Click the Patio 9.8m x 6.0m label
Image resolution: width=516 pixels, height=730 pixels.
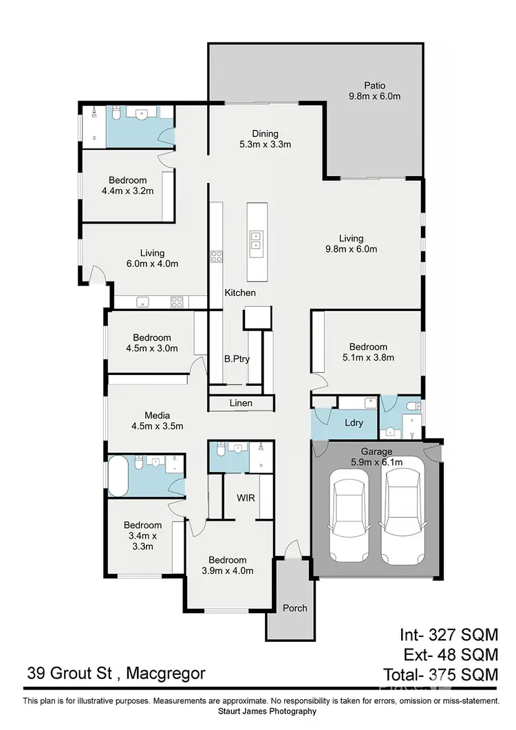point(374,91)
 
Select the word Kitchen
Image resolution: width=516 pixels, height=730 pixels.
point(240,293)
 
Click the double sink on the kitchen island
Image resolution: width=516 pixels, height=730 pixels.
point(255,239)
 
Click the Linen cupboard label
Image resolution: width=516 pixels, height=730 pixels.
point(241,403)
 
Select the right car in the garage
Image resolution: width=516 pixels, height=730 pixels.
point(402,511)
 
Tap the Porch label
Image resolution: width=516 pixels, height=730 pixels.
point(294,608)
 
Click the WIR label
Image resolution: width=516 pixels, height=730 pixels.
point(246,496)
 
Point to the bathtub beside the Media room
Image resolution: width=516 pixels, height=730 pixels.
point(117,475)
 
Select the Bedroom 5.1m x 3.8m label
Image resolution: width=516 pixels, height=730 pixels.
point(367,352)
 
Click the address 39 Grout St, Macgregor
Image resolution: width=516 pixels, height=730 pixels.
point(116,673)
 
